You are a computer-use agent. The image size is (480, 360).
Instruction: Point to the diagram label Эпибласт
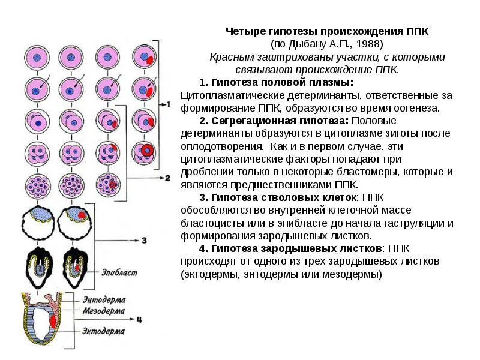[119, 273]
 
